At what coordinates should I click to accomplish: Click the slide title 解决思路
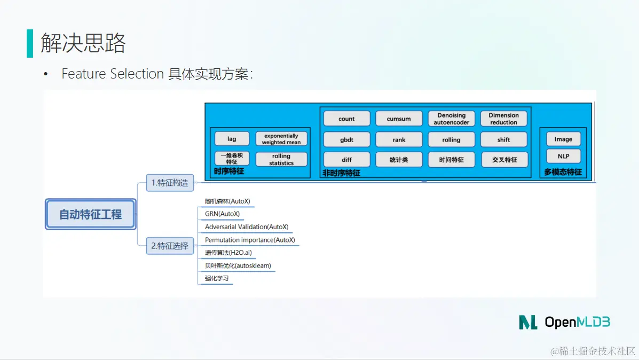pos(83,43)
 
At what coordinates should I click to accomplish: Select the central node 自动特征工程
pos(90,214)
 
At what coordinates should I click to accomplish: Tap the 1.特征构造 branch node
pos(170,183)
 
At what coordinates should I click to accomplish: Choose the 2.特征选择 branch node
pos(170,246)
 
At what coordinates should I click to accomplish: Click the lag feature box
pos(232,139)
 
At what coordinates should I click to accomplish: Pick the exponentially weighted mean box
pos(281,139)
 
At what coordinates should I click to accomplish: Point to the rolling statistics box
pos(281,159)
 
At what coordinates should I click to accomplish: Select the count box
pos(346,119)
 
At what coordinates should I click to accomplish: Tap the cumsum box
pos(399,119)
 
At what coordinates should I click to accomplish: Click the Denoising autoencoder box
pos(451,119)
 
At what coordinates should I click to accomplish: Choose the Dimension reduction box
pos(503,119)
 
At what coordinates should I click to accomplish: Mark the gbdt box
pos(346,139)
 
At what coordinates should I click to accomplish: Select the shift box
pos(503,139)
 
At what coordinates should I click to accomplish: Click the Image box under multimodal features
pos(563,139)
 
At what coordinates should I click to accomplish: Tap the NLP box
pos(563,156)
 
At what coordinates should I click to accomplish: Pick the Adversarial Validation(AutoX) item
pos(247,227)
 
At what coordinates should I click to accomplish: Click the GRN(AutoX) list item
pos(222,214)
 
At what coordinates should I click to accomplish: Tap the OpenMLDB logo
pos(564,322)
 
